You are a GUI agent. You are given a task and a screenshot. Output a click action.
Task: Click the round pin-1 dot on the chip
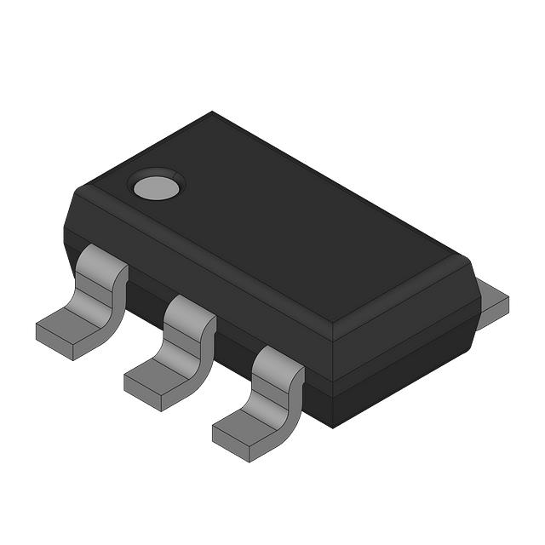point(156,185)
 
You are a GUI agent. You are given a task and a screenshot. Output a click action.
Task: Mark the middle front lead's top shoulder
point(188,310)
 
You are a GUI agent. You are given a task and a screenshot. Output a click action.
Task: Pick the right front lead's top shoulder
point(278,360)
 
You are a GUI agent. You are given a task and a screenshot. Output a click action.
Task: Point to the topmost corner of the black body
point(213,112)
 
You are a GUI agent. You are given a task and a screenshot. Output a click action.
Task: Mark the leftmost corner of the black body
point(65,223)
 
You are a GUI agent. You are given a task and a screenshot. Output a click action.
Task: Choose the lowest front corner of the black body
point(332,426)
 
